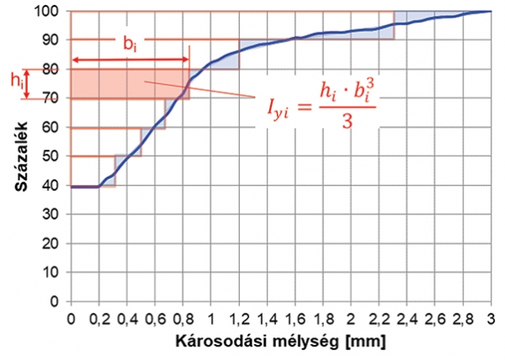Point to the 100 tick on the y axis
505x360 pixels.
click(54, 11)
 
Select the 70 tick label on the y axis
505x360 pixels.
click(54, 98)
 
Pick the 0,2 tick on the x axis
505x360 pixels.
click(98, 319)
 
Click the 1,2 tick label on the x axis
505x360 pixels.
click(239, 319)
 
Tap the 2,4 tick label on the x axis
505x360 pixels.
click(407, 319)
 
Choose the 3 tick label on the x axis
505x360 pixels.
click(492, 319)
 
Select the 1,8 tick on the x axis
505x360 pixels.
click(323, 319)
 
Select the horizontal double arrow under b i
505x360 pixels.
click(130, 60)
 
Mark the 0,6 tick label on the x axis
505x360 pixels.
click(155, 319)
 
